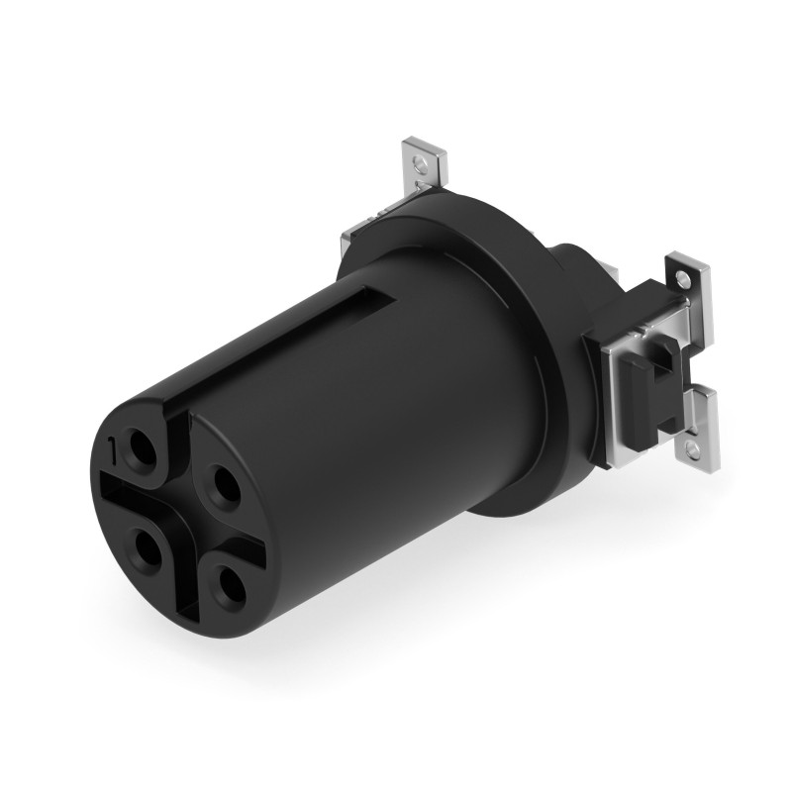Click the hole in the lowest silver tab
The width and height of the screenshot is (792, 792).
point(702,450)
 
